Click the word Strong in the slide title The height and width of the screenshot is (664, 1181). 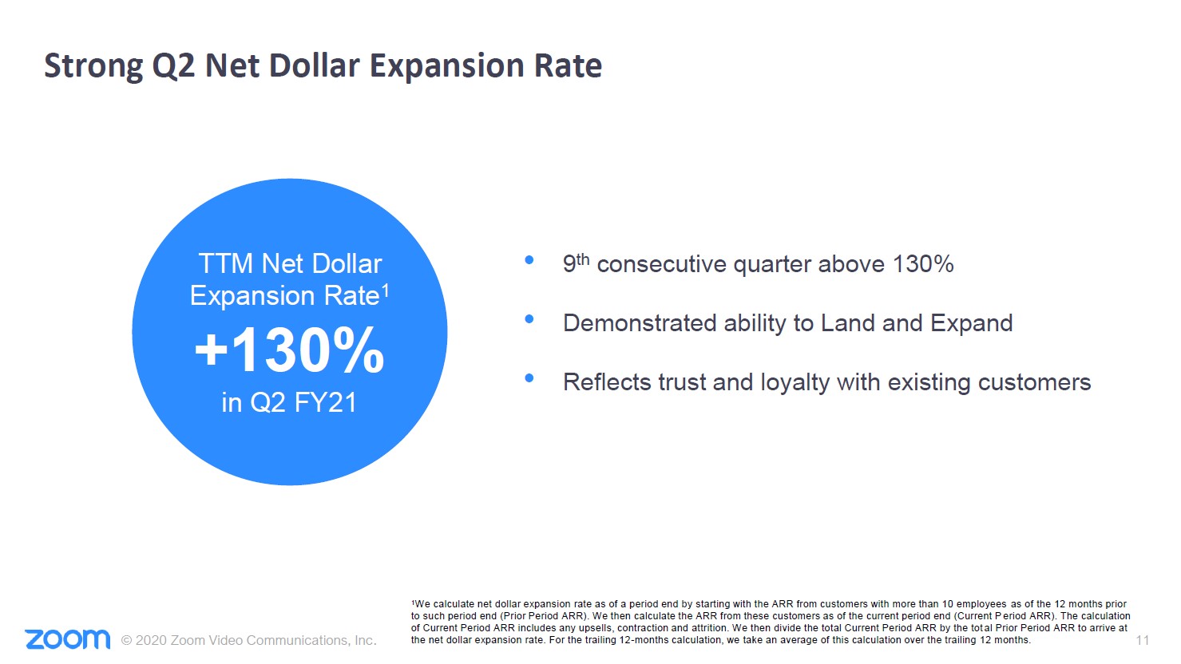point(93,66)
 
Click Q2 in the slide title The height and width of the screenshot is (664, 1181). point(173,66)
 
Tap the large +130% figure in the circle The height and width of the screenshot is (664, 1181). point(289,350)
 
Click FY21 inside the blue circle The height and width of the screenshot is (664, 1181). point(325,402)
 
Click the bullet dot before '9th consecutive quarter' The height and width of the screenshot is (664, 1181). point(529,260)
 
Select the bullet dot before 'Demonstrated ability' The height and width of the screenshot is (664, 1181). point(529,319)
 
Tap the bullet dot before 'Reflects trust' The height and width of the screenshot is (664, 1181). point(529,378)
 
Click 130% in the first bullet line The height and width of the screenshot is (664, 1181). point(923,264)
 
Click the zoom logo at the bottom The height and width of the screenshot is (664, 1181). point(68,639)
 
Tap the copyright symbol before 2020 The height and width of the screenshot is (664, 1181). point(126,640)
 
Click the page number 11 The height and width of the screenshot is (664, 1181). point(1142,640)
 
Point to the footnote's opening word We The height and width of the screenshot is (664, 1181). point(422,604)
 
